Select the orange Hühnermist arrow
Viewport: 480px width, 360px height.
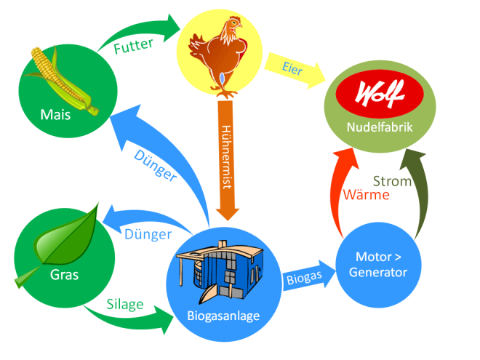[x=228, y=160]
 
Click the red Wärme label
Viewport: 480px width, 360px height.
[x=366, y=195]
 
